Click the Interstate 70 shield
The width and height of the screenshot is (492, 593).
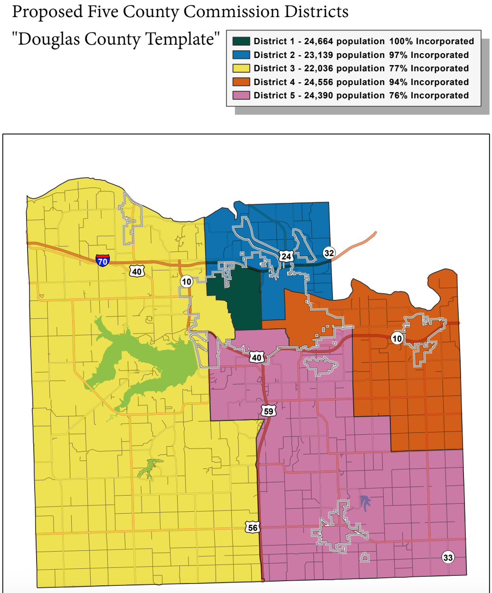pos(102,260)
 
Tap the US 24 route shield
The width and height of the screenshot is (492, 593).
pos(285,257)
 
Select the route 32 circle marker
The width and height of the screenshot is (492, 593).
pos(329,253)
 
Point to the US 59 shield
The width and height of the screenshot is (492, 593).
pos(269,411)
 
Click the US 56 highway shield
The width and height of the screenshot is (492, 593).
pos(253,527)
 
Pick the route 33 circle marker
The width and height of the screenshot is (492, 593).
pos(448,557)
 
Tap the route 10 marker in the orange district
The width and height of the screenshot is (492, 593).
pos(397,338)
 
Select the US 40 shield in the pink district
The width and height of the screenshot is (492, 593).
pos(257,357)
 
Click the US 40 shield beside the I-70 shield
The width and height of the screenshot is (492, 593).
pos(137,271)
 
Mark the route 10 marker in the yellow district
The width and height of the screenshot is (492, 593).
pos(187,282)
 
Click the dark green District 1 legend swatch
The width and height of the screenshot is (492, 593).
pos(241,41)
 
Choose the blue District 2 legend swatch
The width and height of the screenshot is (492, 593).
pos(241,55)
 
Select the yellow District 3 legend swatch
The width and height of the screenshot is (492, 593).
pos(241,68)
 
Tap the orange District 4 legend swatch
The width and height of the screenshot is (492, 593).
pos(241,82)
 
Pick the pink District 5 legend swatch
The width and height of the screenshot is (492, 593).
pos(241,96)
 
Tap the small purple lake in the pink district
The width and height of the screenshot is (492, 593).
pos(365,503)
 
